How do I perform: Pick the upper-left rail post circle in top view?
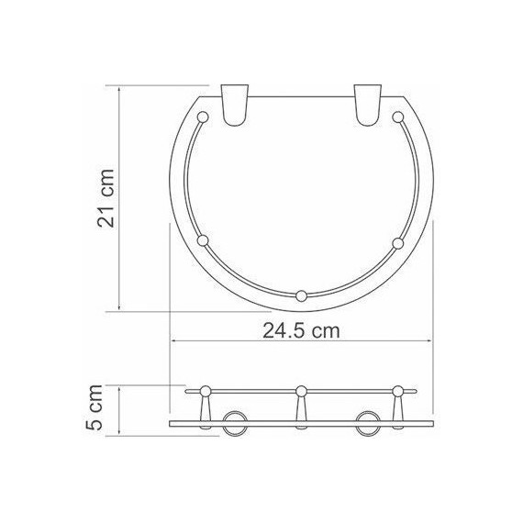tap(204, 117)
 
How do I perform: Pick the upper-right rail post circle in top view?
tap(398, 117)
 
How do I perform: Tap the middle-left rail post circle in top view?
tap(204, 242)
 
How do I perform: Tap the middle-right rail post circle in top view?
tap(397, 242)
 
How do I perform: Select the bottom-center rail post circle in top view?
tap(301, 295)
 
